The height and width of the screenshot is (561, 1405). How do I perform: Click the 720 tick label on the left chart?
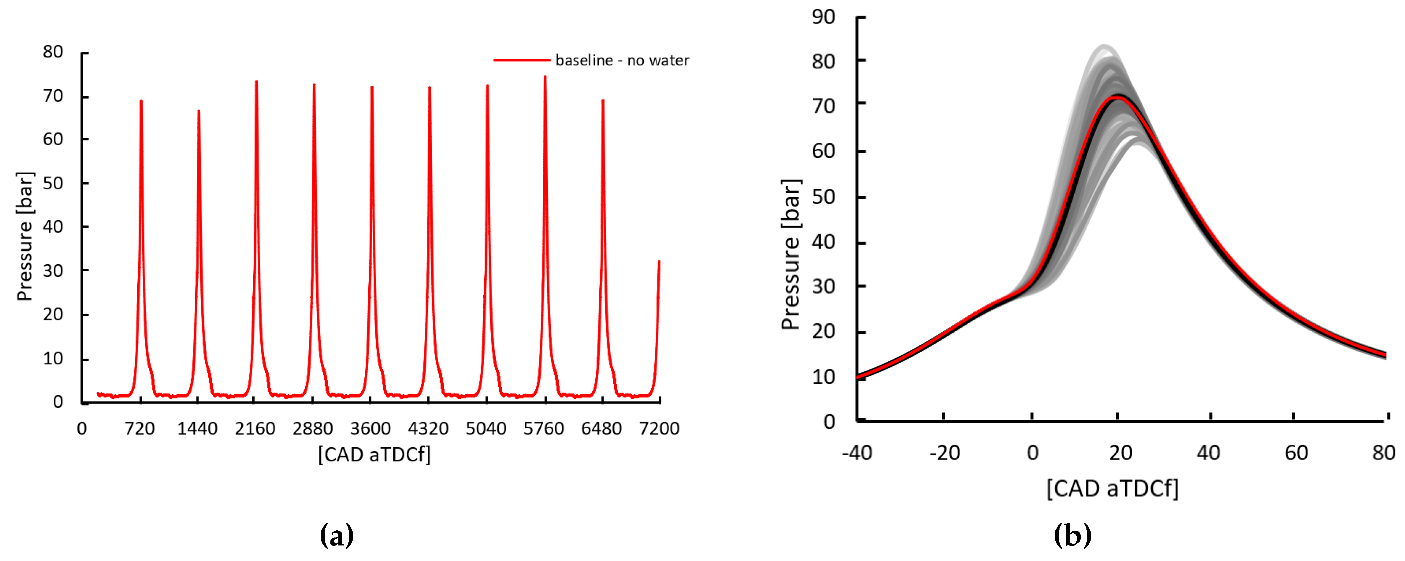click(140, 429)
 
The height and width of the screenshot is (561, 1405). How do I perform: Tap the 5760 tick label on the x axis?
click(544, 429)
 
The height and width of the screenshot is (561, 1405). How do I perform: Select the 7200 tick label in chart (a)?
click(659, 429)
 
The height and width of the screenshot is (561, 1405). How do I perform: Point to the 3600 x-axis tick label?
click(370, 429)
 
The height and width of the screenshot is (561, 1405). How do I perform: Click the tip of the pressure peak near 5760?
click(545, 77)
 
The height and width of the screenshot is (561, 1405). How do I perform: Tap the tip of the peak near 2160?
click(256, 82)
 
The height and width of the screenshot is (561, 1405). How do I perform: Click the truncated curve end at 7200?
click(659, 262)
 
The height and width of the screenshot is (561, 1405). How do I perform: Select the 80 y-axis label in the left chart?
click(53, 52)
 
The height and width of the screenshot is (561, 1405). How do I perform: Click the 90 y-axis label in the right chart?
click(823, 17)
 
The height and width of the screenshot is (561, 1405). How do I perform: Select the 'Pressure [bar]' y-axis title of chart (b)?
click(790, 254)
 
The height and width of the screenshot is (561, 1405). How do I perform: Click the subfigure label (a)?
click(337, 535)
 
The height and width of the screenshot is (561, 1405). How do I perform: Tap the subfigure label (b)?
click(1072, 535)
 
